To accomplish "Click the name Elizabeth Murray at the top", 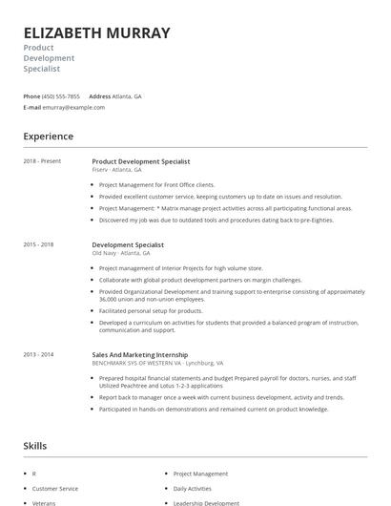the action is click(x=96, y=32).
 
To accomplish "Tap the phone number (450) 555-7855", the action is click(x=61, y=96).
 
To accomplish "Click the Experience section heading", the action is click(x=48, y=137).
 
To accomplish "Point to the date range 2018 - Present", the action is click(x=42, y=161).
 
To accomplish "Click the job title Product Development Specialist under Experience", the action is click(x=141, y=161).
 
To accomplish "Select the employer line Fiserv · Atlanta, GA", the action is click(x=121, y=170).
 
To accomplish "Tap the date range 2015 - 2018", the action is click(x=38, y=244).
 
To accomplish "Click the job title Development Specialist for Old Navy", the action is click(x=128, y=244).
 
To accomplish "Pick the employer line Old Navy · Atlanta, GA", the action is click(x=121, y=253).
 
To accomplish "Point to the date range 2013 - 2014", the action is click(x=38, y=354).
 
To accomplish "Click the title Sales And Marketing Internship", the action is click(x=139, y=355).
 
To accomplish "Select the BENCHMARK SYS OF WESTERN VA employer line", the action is click(x=157, y=364).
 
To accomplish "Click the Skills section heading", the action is click(x=36, y=446).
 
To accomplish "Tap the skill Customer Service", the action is click(x=55, y=488).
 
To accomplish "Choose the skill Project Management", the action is click(x=200, y=474).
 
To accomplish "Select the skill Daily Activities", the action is click(x=193, y=488).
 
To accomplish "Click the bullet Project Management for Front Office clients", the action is click(x=157, y=184).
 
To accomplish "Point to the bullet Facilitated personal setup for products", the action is click(x=151, y=310).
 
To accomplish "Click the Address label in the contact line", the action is click(x=99, y=96).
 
